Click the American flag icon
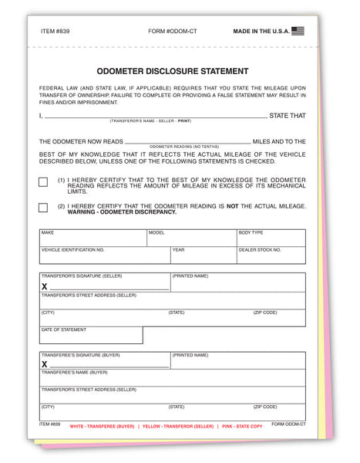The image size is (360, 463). click(x=298, y=32)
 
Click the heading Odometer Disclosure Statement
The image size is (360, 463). click(x=173, y=71)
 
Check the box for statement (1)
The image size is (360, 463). click(x=43, y=182)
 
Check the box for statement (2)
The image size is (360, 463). click(x=43, y=208)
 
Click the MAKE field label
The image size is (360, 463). click(x=48, y=232)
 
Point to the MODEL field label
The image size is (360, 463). click(x=156, y=232)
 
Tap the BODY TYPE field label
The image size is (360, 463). click(x=251, y=232)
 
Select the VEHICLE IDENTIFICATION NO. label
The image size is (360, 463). click(x=72, y=250)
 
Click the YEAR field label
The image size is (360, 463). click(x=178, y=250)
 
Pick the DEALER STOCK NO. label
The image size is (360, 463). click(x=260, y=250)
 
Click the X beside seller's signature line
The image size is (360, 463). click(x=45, y=286)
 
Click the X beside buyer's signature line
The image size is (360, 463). click(x=45, y=364)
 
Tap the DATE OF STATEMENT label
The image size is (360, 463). click(x=64, y=330)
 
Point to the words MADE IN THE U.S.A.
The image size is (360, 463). click(x=261, y=32)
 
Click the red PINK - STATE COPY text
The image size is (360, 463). click(x=241, y=427)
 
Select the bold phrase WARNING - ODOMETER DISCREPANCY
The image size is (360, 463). click(x=122, y=212)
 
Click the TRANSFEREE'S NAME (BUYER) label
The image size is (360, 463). click(x=75, y=373)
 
